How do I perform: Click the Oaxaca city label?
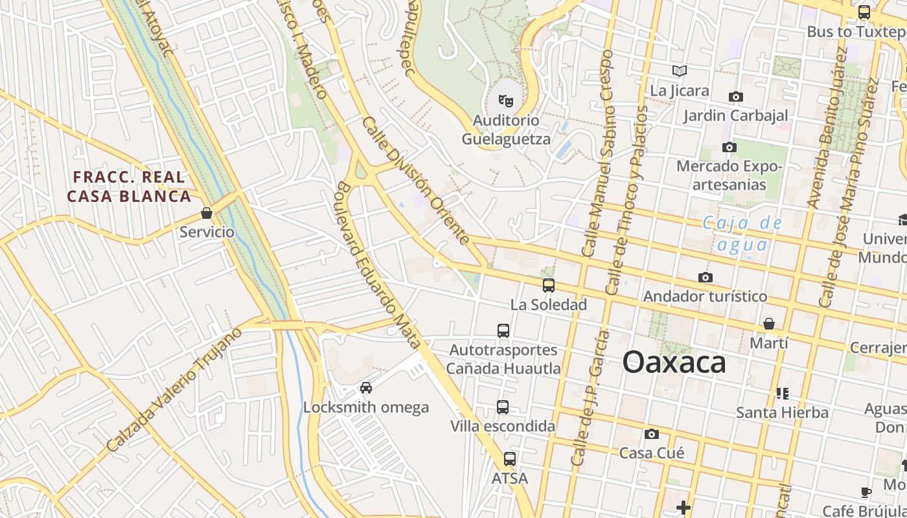(674, 363)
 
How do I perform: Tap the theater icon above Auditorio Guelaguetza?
(505, 100)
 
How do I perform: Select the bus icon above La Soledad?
(549, 285)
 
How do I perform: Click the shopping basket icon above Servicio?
(207, 212)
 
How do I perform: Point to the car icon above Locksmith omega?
(366, 388)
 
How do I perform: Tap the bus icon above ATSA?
(510, 459)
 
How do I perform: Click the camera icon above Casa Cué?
(651, 434)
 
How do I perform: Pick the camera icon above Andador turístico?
(706, 277)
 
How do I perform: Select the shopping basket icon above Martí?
(769, 323)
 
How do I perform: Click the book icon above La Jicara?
(679, 71)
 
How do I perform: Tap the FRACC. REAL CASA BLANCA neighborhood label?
(129, 186)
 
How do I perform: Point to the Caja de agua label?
(742, 234)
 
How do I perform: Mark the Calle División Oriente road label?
(415, 181)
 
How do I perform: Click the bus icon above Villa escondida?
(503, 407)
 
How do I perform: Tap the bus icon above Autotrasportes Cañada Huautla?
(503, 331)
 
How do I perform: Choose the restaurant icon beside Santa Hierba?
(782, 393)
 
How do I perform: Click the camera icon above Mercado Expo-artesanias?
(729, 147)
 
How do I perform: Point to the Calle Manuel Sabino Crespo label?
(597, 154)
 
